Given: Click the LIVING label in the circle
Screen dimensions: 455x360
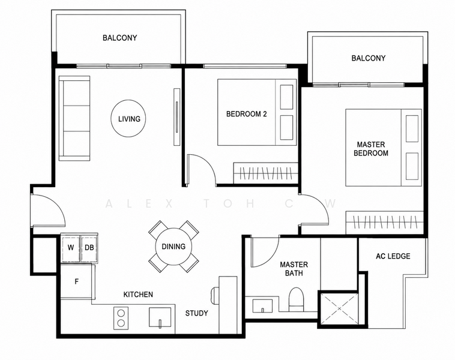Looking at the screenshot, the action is pos(129,119).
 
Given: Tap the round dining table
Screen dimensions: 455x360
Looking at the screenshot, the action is pos(173,247).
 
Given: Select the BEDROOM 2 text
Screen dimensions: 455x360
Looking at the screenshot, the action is pos(246,114).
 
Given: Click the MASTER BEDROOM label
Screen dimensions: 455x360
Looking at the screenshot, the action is pos(371,149).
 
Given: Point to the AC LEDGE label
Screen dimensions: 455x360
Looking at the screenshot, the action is pos(393,256).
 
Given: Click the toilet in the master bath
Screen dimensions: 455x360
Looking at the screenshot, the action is pos(296,299).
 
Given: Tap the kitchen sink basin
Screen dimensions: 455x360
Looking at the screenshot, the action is pos(160,317).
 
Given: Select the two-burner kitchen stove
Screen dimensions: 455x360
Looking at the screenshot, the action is pos(121,318).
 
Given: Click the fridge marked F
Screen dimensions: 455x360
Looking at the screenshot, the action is pos(77,281).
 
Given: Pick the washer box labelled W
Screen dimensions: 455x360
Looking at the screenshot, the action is pos(70,248).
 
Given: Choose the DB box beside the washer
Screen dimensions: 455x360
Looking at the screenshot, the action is pos(89,248).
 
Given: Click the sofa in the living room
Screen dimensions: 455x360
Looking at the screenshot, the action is pos(74,118).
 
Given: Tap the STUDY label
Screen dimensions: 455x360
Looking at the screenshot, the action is pos(197,313).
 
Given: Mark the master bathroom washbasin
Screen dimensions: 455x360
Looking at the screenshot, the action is pos(262,306).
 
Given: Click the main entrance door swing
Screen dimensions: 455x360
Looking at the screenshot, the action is pos(49,210).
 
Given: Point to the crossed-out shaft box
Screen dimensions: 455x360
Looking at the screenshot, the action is pos(339,308).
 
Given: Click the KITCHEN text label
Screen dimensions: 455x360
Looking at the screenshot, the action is pos(138,295).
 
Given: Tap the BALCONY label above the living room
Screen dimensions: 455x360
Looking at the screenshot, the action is pos(119,38).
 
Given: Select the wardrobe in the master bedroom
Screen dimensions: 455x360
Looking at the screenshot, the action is pos(385,223).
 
